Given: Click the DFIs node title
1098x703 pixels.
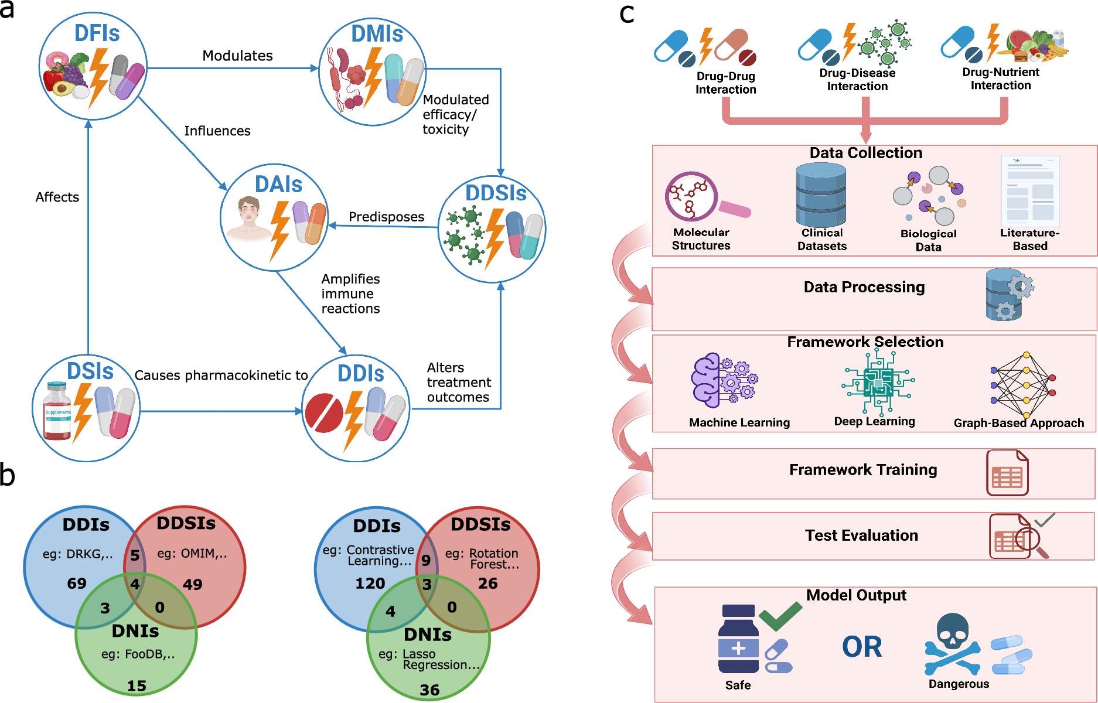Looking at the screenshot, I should (x=97, y=33).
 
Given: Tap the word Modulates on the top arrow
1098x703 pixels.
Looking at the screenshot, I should (x=237, y=56).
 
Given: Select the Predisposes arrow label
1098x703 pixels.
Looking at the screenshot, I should (x=386, y=217).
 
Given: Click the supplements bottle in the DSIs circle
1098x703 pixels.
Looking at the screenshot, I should (x=57, y=411).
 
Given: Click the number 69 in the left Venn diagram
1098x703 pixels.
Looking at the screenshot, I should (x=77, y=583).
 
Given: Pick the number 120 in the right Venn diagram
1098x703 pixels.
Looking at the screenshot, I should (x=370, y=583).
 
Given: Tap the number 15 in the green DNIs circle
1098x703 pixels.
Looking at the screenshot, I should (x=137, y=685).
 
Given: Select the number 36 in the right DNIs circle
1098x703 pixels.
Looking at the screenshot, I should (x=429, y=690).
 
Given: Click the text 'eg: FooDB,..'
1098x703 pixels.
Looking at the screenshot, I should (x=138, y=654).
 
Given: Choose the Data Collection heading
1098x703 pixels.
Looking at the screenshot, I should (x=865, y=153).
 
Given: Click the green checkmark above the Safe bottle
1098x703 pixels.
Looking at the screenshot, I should (x=780, y=616).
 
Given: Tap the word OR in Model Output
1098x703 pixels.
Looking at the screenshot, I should (x=862, y=647).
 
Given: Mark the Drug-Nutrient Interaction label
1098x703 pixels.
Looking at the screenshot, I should (x=1001, y=79).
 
